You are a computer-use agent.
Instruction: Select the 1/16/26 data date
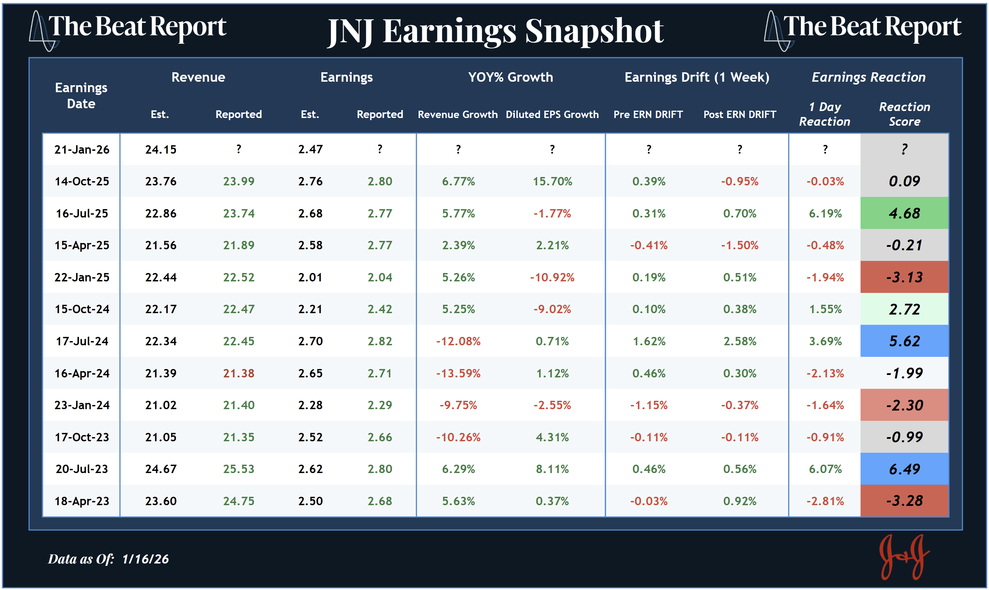145,559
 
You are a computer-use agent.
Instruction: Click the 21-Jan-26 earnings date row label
82,149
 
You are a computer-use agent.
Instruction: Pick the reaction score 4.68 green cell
904,213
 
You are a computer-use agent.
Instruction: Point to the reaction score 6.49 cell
904,469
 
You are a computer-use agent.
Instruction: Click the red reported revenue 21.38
238,373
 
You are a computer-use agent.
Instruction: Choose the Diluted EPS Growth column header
552,115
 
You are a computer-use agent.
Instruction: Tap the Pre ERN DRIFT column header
648,115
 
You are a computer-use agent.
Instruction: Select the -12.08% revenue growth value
458,341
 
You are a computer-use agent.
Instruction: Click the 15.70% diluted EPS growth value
552,181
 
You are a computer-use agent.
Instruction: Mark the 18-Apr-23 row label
82,501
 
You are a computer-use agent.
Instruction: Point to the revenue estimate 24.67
160,469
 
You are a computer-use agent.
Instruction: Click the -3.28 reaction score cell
904,501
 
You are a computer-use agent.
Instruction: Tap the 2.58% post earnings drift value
740,341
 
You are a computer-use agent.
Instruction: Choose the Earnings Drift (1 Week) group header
697,77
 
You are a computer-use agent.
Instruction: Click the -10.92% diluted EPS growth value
552,277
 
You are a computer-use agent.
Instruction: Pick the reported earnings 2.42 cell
380,309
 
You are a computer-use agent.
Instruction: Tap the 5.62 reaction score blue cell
904,341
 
